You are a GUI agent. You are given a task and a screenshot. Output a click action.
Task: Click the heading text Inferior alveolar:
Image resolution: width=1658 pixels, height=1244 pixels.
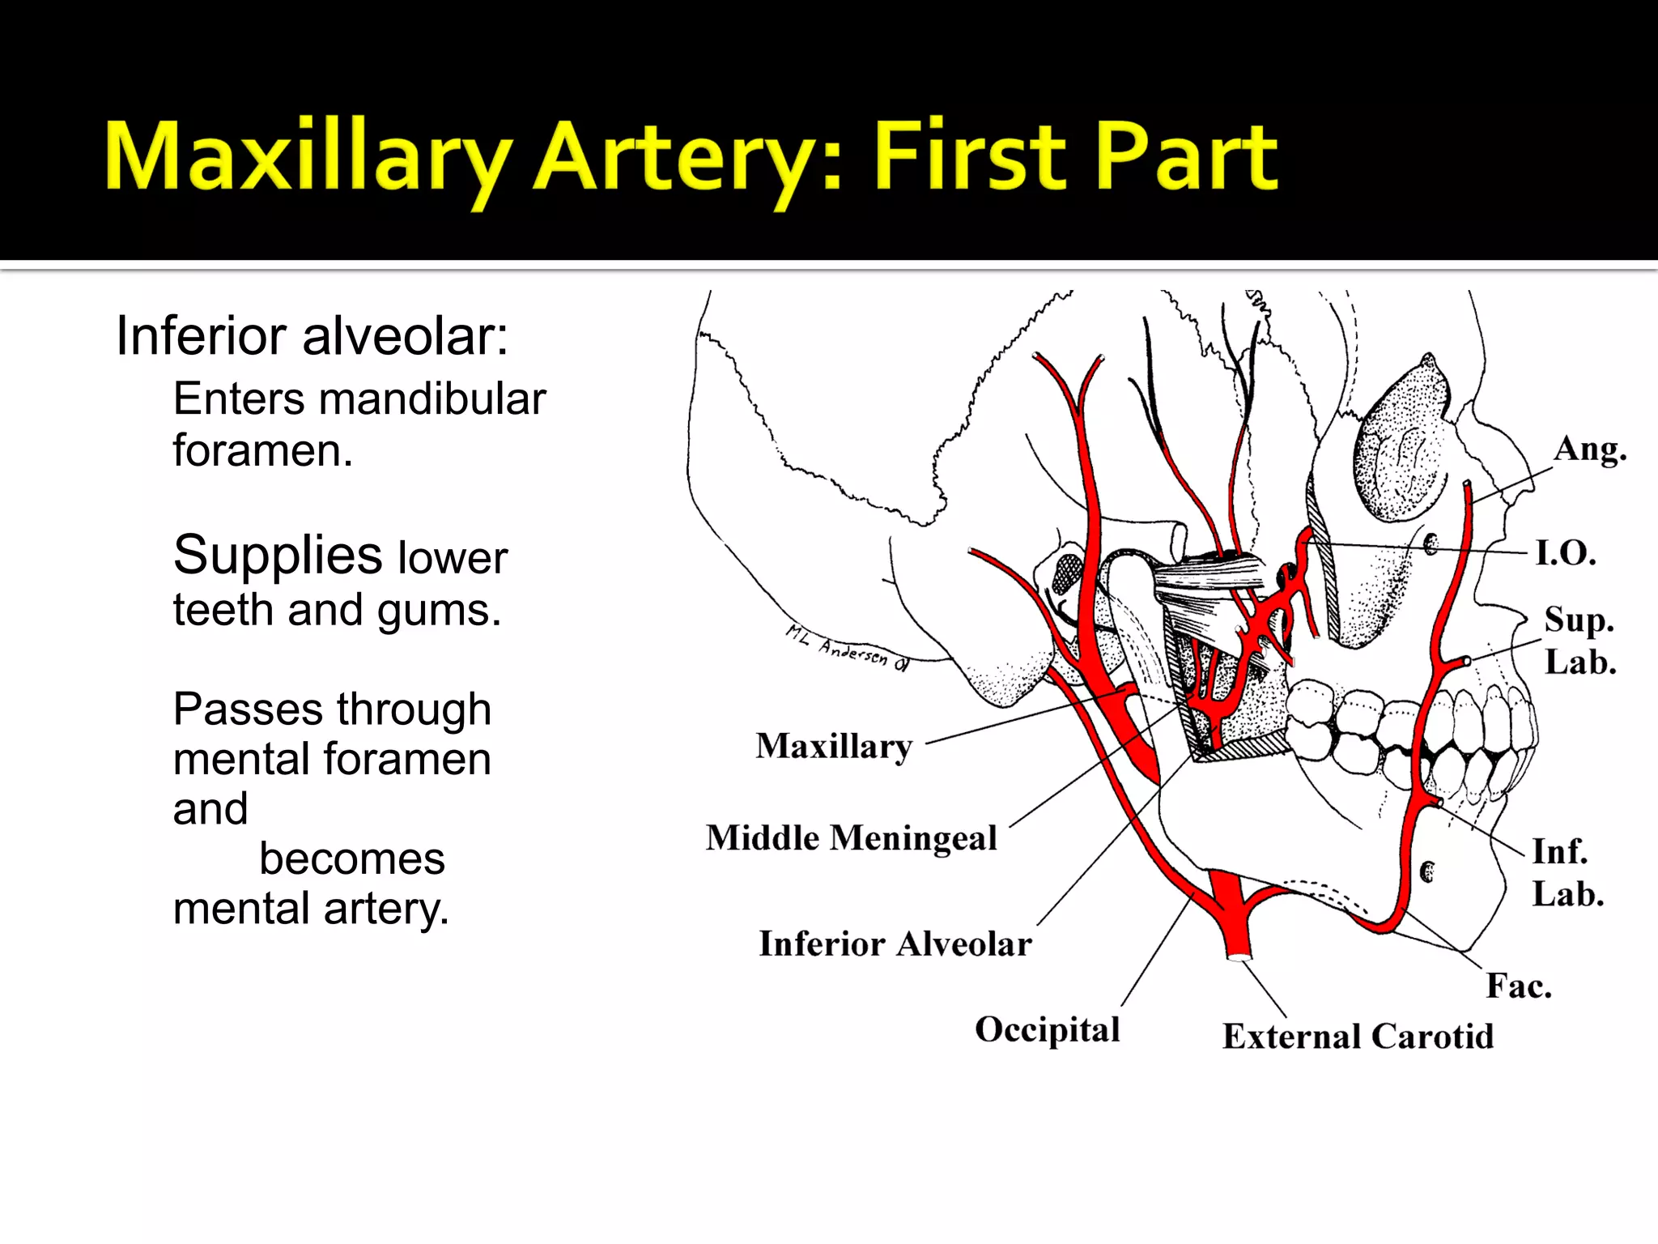[312, 335]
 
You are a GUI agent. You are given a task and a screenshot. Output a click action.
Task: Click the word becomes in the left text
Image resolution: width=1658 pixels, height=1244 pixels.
[352, 858]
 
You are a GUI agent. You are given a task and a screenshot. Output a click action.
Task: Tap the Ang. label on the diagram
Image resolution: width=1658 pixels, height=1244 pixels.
[1589, 449]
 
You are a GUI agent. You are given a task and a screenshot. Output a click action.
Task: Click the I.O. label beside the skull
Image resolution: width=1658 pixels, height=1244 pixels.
[1566, 553]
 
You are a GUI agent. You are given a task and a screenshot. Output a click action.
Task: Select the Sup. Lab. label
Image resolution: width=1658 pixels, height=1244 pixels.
[1579, 641]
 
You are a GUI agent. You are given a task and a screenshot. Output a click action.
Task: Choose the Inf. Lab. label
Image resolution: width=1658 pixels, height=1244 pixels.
[1567, 872]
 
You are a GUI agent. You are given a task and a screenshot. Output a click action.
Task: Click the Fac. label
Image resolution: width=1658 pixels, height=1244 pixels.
[1518, 986]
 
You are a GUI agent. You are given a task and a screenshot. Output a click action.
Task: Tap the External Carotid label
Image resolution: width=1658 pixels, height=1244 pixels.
[1358, 1037]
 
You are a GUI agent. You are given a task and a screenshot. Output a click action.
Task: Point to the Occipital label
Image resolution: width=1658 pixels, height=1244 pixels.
[1047, 1030]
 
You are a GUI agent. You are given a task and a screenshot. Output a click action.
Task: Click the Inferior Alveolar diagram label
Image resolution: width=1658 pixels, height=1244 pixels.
[895, 944]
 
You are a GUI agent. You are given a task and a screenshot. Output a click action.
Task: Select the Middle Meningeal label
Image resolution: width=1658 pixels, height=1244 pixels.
[851, 838]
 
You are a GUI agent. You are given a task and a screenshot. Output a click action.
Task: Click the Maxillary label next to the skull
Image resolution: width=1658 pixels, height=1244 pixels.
[834, 746]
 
